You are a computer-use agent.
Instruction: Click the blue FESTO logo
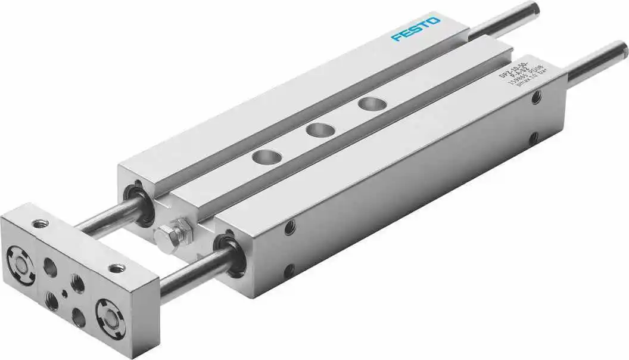coord(416,29)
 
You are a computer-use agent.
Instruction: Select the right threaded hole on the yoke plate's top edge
coord(117,268)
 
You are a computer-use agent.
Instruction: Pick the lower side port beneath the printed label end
coord(534,138)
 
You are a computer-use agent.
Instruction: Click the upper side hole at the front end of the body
coord(290,227)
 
